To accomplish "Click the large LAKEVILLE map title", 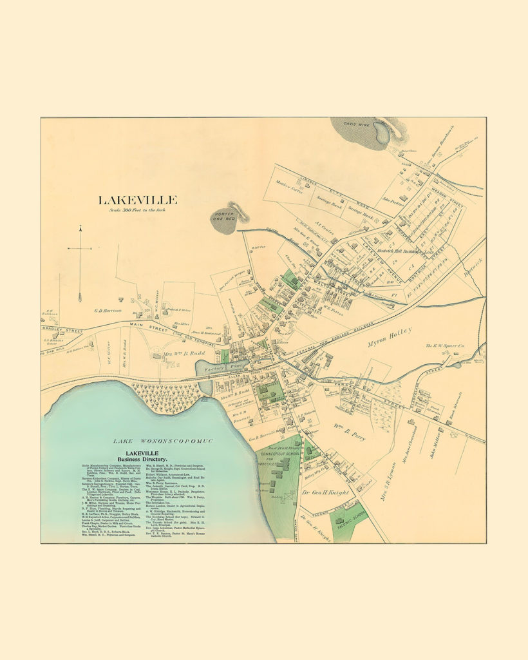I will [137, 200].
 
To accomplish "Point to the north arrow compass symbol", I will [80, 264].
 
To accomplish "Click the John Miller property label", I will [437, 445].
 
